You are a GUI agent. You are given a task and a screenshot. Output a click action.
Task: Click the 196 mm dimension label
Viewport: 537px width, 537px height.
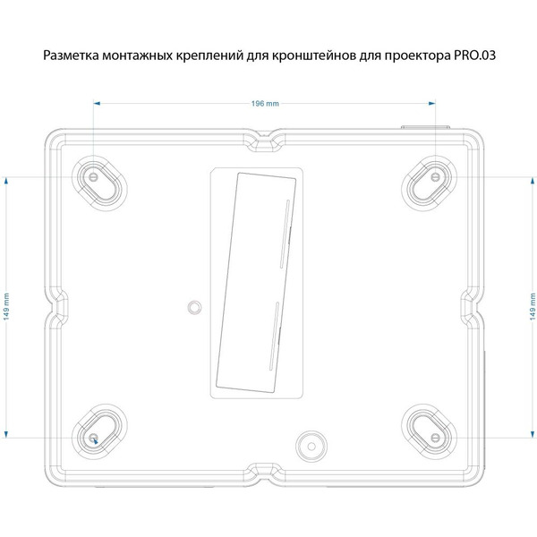tap(266, 104)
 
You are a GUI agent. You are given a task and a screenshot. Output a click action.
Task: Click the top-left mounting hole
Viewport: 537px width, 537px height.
tap(95, 176)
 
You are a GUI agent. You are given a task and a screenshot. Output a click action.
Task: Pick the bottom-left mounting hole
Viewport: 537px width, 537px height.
tap(95, 437)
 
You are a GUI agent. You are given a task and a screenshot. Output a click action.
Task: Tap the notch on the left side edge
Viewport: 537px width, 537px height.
tap(57, 306)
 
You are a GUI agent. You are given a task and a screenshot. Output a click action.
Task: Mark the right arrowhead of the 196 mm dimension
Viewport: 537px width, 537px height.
tap(433, 104)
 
